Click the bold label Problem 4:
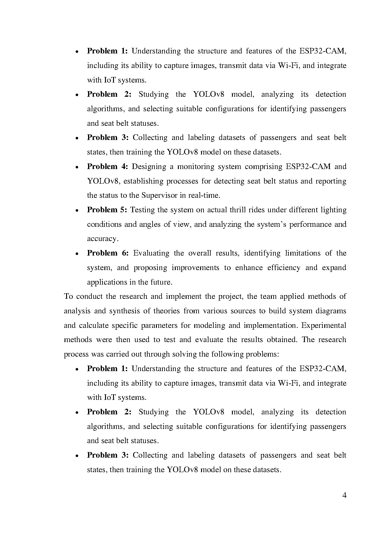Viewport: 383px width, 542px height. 107,167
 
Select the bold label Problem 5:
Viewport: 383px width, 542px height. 107,210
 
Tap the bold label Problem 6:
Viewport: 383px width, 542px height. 107,253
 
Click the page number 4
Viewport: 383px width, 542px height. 344,495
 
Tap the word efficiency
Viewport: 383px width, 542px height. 284,268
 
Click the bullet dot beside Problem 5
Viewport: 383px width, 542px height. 77,210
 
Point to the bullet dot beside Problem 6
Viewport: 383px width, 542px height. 77,254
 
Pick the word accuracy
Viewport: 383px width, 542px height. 103,239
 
